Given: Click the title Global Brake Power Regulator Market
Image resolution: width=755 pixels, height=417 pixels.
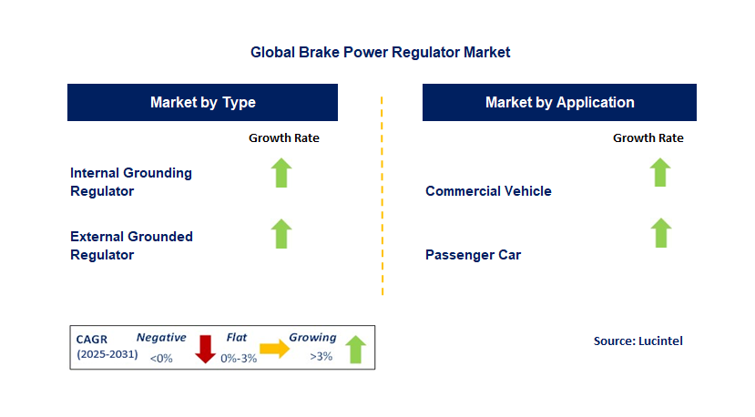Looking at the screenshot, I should point(380,53).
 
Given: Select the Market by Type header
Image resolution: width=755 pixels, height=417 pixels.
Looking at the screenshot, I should point(202,102).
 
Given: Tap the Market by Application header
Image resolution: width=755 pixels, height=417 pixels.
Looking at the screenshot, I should point(559,102).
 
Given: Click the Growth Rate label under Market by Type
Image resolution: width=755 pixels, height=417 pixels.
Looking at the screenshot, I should point(283,138).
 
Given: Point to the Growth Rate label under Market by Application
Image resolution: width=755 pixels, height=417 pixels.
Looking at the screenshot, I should point(648,138).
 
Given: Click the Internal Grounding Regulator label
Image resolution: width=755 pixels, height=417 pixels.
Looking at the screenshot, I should point(131,182).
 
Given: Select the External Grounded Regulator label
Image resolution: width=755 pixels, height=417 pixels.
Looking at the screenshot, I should point(131,246).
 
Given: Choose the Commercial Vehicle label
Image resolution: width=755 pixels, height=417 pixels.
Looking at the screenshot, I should point(488,191).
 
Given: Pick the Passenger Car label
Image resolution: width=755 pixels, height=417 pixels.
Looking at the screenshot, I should point(473,255).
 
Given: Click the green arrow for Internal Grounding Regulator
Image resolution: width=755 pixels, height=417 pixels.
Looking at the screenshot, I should point(282,172).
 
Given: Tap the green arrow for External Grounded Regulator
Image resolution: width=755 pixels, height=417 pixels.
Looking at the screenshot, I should point(282,234).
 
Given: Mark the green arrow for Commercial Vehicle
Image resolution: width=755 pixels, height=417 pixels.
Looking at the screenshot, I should point(660,172).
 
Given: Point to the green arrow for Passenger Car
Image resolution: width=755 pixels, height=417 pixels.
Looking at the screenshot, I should point(660,234).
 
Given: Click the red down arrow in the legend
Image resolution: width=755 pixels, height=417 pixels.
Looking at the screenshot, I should point(205,348).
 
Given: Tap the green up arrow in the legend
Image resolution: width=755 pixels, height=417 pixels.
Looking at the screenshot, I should point(356,349).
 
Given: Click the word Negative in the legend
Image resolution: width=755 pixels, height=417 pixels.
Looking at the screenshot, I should point(161,337).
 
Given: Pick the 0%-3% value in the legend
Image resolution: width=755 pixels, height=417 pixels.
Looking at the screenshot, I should point(239,357).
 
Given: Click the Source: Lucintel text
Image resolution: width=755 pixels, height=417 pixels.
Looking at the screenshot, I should point(638,341).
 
